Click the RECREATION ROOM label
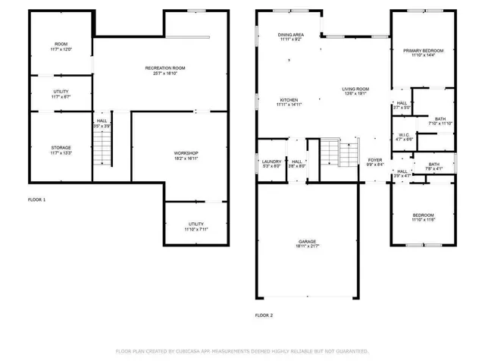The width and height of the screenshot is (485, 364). tap(165, 68)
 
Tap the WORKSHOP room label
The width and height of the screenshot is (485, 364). tap(186, 153)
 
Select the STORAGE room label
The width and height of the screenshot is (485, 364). tap(61, 147)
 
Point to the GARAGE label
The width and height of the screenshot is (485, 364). tap(306, 241)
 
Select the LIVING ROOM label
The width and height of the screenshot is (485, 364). tap(355, 89)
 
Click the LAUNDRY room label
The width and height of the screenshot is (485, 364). tap(271, 161)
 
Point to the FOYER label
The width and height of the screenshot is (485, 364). tap(375, 160)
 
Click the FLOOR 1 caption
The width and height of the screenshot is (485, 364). tap(37, 199)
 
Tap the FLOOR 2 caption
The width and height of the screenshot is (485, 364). tap(264, 314)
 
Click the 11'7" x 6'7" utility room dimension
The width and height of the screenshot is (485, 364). tap(61, 97)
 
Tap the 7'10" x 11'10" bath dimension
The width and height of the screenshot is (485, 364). tap(440, 123)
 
